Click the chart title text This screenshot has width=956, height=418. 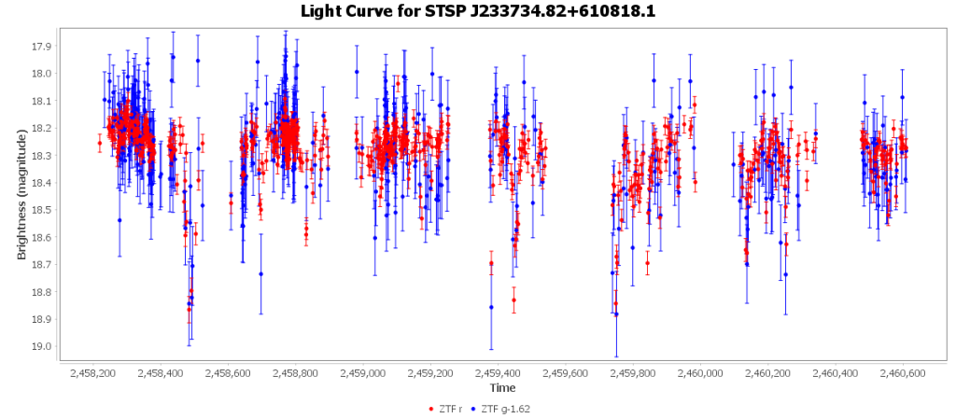pyautogui.click(x=478, y=11)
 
